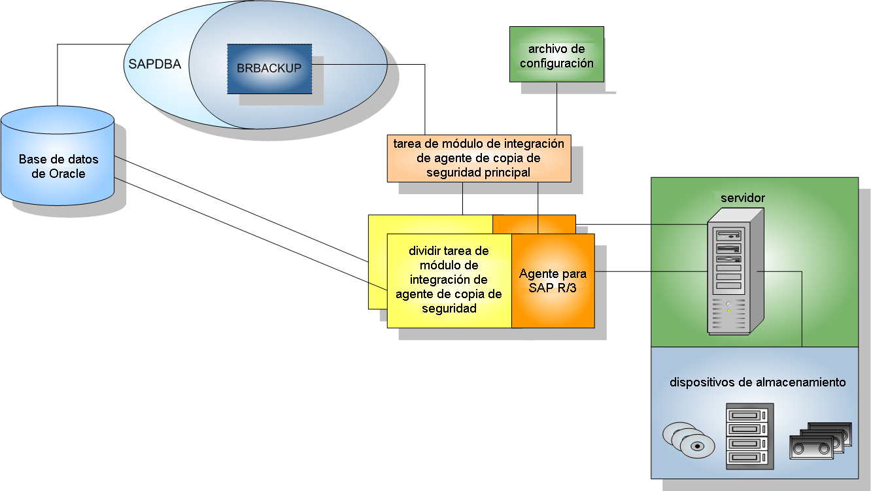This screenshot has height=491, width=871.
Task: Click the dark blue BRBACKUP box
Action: (269, 69)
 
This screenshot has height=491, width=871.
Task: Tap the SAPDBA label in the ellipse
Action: (155, 64)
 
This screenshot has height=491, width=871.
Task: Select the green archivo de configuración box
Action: (557, 54)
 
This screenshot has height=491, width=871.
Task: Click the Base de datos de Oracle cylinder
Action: (58, 156)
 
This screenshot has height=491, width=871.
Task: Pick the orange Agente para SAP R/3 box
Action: (553, 280)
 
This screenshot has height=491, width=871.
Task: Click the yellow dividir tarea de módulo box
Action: (449, 280)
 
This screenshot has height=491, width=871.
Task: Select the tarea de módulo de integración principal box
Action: (479, 158)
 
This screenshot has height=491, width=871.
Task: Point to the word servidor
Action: (743, 198)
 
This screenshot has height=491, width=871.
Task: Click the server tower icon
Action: (736, 271)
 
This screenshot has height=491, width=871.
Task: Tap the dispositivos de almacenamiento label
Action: (757, 382)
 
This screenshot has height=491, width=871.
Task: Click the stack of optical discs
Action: (689, 440)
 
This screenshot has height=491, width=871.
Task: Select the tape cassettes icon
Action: (821, 441)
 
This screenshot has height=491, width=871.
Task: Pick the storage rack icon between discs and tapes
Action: (749, 436)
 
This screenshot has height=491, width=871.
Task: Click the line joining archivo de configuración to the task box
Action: (557, 109)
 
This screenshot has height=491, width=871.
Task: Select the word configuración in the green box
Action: (557, 63)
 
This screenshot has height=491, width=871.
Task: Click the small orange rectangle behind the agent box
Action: (534, 224)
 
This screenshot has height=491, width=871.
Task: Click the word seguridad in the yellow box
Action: (449, 309)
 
